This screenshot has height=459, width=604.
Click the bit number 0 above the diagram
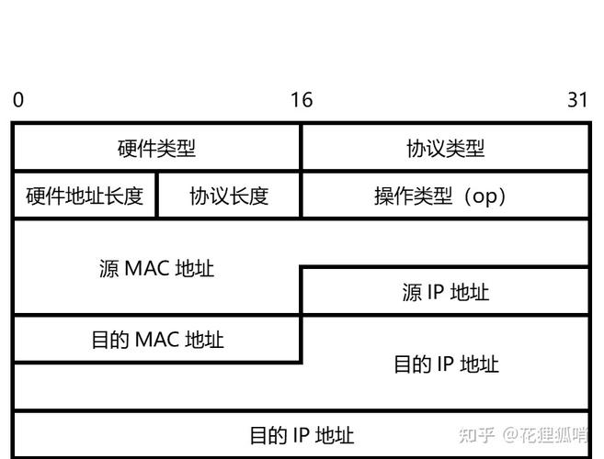point(18,100)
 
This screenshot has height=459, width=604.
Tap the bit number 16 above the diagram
point(302,100)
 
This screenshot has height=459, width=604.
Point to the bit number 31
point(577,100)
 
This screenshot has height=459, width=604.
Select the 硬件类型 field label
point(156,149)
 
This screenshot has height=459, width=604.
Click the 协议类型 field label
point(445,149)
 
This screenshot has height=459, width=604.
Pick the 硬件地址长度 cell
point(85,196)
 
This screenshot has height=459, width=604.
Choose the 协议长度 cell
point(229,196)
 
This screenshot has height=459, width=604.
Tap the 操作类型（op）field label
point(445,196)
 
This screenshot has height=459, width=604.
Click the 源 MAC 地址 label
point(156,269)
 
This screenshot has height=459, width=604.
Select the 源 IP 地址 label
point(445,293)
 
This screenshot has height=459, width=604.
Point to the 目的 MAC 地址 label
point(156,341)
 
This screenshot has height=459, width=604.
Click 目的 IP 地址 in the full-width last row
point(302,435)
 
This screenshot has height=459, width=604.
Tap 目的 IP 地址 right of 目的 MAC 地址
point(445,364)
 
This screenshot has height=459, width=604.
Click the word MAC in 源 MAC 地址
point(147,269)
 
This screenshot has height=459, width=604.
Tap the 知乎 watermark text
point(478,434)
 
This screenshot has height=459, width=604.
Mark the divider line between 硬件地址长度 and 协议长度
point(157,196)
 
